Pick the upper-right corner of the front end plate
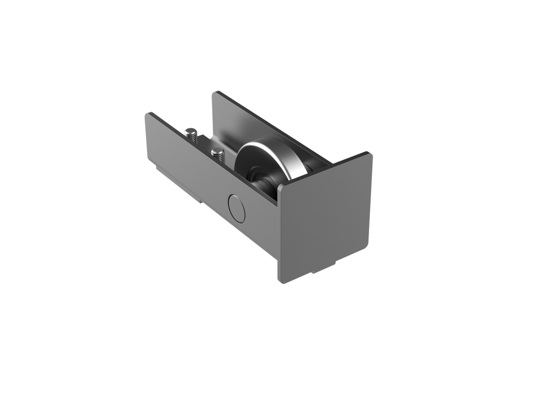[x=372, y=154]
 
